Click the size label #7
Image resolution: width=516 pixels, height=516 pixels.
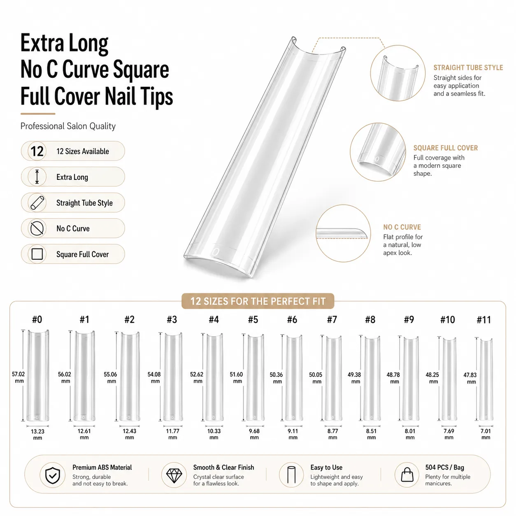332,319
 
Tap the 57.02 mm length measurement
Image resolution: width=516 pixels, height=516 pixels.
19,377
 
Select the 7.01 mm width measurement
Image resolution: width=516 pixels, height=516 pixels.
486,434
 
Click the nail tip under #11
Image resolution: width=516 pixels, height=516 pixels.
486,380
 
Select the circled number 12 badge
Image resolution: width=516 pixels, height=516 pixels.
37,151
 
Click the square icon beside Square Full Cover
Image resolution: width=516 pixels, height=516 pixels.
37,254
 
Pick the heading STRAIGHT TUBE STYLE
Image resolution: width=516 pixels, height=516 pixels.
468,68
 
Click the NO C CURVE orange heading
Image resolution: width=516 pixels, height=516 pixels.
402,227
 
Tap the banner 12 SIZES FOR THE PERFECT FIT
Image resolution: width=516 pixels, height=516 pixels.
258,301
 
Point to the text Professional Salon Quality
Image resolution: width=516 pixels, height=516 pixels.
68,126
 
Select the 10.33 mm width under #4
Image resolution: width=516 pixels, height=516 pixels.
214,434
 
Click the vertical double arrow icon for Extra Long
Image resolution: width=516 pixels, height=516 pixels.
37,177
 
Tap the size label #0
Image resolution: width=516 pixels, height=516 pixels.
37,319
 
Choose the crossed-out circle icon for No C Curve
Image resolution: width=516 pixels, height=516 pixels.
37,228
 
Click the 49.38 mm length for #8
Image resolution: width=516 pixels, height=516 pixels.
355,378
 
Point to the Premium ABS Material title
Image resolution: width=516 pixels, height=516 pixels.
102,467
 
